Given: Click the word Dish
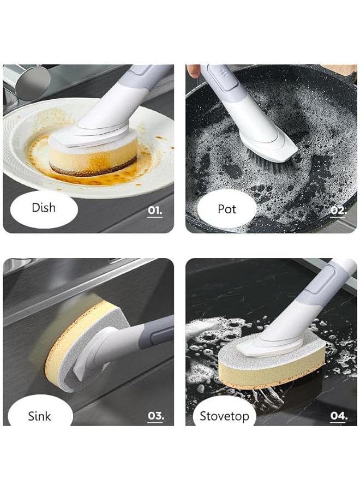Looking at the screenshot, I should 43,208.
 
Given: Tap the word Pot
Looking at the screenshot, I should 226,209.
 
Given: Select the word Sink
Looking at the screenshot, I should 39,417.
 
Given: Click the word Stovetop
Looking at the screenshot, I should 224,417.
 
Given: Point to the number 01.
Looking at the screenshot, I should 155,210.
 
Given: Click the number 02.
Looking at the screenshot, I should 338,210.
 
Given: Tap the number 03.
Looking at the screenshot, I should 155,416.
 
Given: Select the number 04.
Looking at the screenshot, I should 338,416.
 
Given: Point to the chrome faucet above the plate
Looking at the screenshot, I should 27,82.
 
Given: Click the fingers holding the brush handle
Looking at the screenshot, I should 193,71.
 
